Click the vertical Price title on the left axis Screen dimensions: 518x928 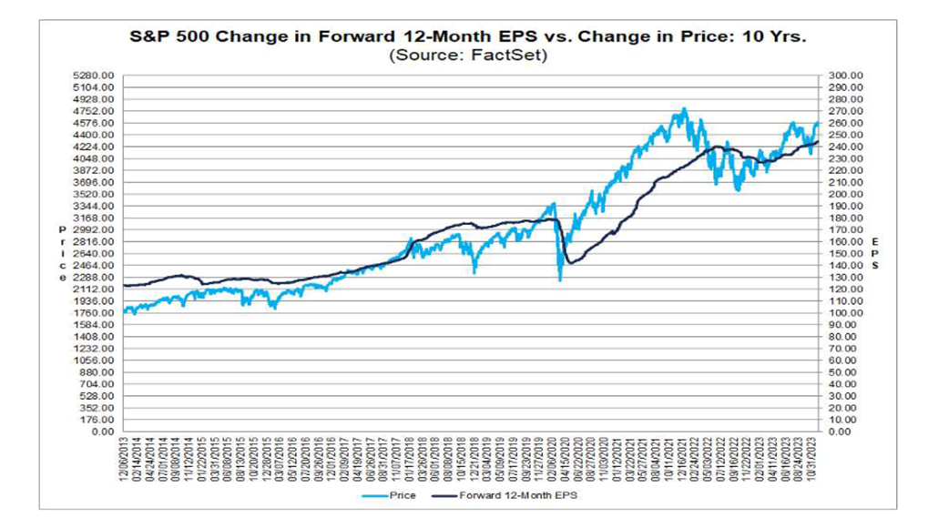click(x=63, y=254)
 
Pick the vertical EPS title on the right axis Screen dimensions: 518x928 click(x=875, y=254)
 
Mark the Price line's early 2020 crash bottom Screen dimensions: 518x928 click(x=559, y=279)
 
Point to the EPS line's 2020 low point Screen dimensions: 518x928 click(x=569, y=264)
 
